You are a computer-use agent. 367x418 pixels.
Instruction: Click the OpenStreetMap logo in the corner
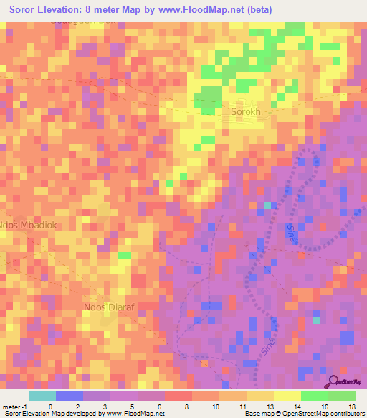(346, 383)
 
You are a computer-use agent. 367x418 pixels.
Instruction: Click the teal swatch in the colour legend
(42, 396)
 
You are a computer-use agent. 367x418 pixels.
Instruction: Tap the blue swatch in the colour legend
(69, 396)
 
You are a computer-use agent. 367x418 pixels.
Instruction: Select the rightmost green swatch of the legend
(341, 396)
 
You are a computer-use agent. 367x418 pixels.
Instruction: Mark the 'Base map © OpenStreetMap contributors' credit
(304, 414)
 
